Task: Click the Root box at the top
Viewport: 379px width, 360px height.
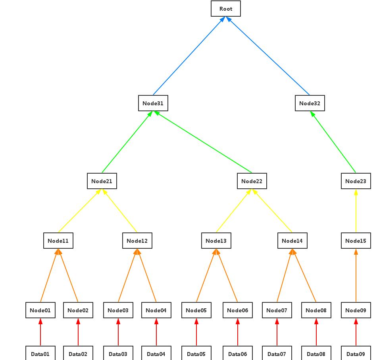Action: [225, 9]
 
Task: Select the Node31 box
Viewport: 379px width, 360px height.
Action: [153, 103]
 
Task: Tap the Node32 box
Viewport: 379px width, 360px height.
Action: [310, 103]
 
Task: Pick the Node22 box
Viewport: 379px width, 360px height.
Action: [252, 181]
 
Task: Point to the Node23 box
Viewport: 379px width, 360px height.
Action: [356, 181]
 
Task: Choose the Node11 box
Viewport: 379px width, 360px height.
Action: [58, 241]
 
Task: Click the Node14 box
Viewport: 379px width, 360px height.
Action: [292, 241]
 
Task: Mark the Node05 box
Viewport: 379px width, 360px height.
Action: [196, 310]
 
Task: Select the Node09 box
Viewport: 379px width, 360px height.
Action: [356, 310]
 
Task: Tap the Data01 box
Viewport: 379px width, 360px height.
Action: [40, 354]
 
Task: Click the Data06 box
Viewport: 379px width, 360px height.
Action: [238, 354]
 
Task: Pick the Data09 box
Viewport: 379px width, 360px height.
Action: [356, 354]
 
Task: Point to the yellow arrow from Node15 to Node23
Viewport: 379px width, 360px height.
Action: [356, 211]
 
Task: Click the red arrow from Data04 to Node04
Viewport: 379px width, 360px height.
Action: [156, 332]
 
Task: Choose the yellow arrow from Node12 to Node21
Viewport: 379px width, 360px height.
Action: [120, 211]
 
